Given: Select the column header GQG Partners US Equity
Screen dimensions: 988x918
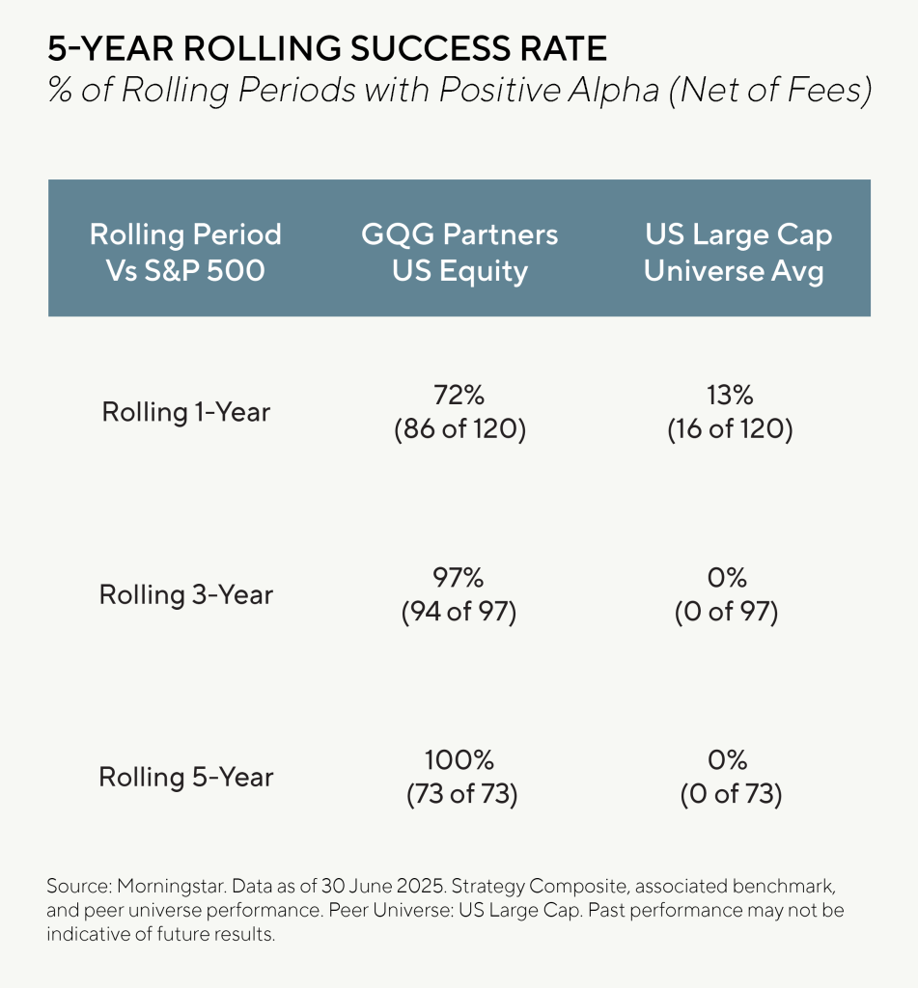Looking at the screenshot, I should coord(459,253).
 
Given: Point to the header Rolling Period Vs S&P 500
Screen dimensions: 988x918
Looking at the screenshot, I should coord(185,253).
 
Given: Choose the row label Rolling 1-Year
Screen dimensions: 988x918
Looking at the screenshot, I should coord(185,413).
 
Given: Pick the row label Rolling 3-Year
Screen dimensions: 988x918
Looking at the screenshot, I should coord(185,594).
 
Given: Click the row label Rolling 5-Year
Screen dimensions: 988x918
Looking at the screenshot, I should coord(185,778).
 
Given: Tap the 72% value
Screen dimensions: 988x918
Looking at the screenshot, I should coord(459,396).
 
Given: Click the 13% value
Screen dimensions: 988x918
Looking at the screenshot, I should coord(730,396).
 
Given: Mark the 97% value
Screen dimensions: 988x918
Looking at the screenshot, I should coord(459,578).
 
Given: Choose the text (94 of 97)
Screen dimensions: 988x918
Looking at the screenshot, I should coord(459,613).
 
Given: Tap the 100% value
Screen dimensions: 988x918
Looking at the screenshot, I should coord(459,760).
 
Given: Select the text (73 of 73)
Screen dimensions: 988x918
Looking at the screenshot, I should coord(459,795).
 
